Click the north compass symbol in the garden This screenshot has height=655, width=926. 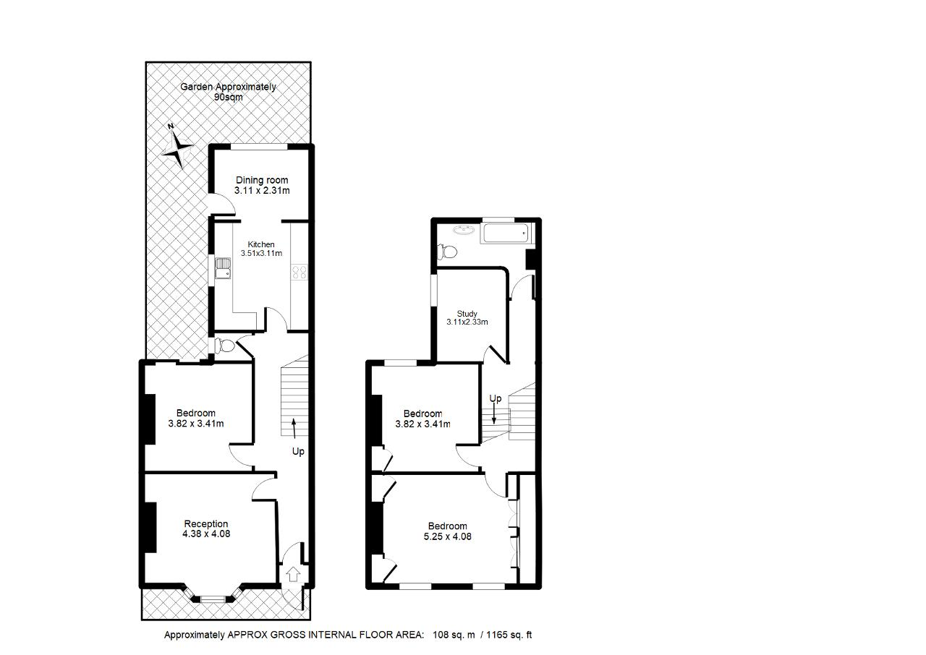pyautogui.click(x=177, y=146)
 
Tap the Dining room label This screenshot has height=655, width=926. pyautogui.click(x=262, y=180)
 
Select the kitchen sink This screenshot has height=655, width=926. pyautogui.click(x=223, y=268)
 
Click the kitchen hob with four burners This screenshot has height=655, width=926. pyautogui.click(x=300, y=272)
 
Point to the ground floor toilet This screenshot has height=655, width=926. pyautogui.click(x=224, y=346)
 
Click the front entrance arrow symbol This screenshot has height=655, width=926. pyautogui.click(x=293, y=573)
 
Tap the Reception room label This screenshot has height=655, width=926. pyautogui.click(x=206, y=523)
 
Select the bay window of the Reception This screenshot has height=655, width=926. pyautogui.click(x=213, y=596)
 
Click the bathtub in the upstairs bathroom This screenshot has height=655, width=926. pyautogui.click(x=506, y=233)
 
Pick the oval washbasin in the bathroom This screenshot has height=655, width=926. pyautogui.click(x=465, y=229)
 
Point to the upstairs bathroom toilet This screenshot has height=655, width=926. pyautogui.click(x=446, y=251)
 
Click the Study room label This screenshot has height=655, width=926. pyautogui.click(x=467, y=314)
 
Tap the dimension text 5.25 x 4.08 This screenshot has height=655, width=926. pyautogui.click(x=447, y=536)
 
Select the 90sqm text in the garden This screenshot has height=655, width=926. pyautogui.click(x=228, y=97)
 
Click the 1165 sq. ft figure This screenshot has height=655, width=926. pyautogui.click(x=509, y=635)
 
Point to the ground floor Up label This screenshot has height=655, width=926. pyautogui.click(x=298, y=451)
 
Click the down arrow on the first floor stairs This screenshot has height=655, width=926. pyautogui.click(x=493, y=414)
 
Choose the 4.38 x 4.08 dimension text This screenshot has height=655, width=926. pyautogui.click(x=206, y=534)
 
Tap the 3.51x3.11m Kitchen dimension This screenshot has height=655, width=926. pyautogui.click(x=261, y=253)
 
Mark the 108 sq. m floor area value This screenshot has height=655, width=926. pyautogui.click(x=454, y=635)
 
